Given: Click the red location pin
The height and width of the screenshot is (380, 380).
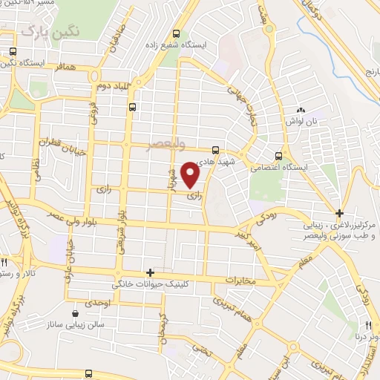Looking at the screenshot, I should point(191,175).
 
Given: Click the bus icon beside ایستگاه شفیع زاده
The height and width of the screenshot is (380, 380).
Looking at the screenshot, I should point(176,33).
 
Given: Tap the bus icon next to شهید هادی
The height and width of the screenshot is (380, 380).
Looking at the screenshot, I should point(215,149).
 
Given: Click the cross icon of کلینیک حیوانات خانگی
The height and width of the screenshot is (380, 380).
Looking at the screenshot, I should point(150,273).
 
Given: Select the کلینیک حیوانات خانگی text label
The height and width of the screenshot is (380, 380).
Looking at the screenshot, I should point(148,284).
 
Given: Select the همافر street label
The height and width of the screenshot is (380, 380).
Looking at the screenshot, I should point(66,66).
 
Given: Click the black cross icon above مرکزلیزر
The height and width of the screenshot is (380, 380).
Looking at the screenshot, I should point(339,213).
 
